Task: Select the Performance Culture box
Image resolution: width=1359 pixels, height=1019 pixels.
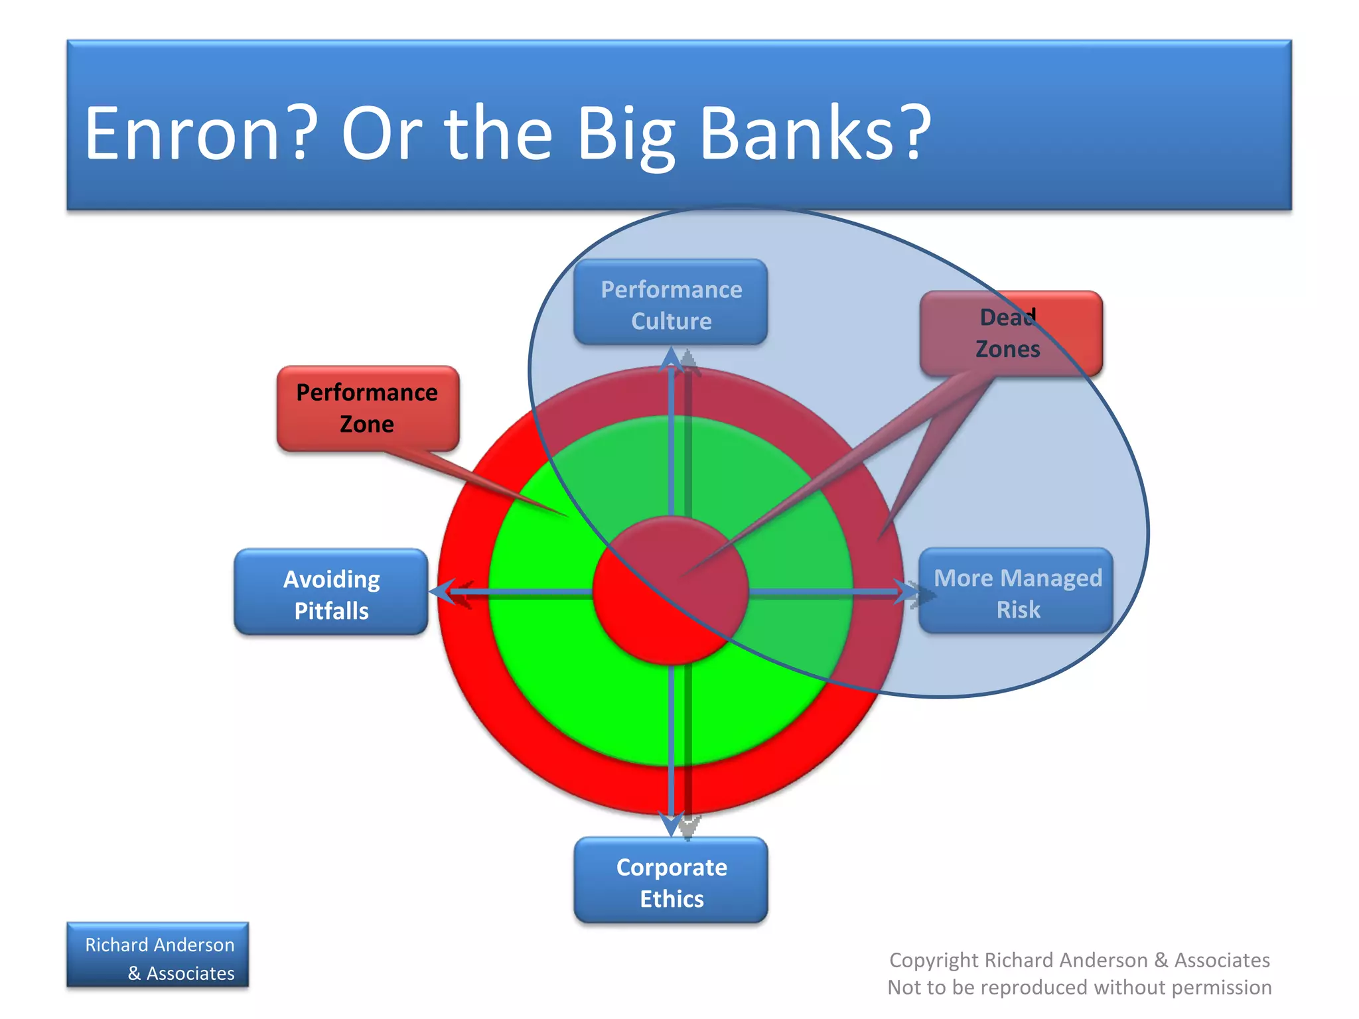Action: tap(671, 303)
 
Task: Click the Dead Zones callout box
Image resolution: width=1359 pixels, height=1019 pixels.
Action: tap(1011, 334)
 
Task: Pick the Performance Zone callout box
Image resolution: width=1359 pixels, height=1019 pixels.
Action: tap(368, 409)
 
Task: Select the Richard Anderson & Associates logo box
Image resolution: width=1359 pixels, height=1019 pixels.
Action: tap(158, 955)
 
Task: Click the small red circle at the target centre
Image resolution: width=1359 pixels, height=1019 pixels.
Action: tap(671, 590)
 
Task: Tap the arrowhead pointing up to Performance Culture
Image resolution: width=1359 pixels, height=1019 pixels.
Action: tap(672, 358)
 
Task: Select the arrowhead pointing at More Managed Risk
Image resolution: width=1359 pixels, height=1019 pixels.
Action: tap(906, 591)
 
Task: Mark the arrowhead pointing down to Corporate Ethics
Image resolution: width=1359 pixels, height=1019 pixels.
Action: tap(672, 825)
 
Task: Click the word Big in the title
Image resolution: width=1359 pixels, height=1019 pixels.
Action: tap(625, 134)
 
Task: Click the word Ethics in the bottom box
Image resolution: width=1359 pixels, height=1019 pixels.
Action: tap(672, 900)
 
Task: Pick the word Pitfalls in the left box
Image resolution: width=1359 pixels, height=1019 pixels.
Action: tap(331, 611)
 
